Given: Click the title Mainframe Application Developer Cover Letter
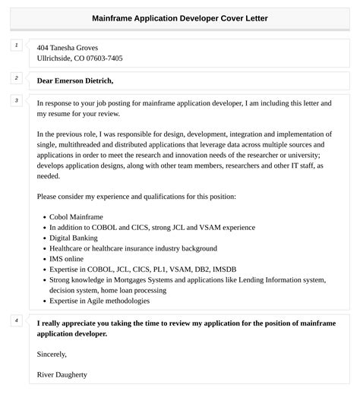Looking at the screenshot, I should click(x=180, y=17).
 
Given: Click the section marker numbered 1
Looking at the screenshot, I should click(x=17, y=46).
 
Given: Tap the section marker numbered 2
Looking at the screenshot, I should click(x=17, y=78).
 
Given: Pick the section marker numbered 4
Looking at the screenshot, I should click(x=17, y=320).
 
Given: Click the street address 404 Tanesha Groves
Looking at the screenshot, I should click(x=68, y=47).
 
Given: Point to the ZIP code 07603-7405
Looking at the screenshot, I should click(x=106, y=58).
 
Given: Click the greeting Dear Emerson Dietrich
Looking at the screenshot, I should click(x=75, y=80).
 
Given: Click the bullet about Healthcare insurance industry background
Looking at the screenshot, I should click(x=133, y=248).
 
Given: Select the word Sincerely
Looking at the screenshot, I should click(x=52, y=354).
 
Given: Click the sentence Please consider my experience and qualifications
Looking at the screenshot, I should click(x=136, y=197).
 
